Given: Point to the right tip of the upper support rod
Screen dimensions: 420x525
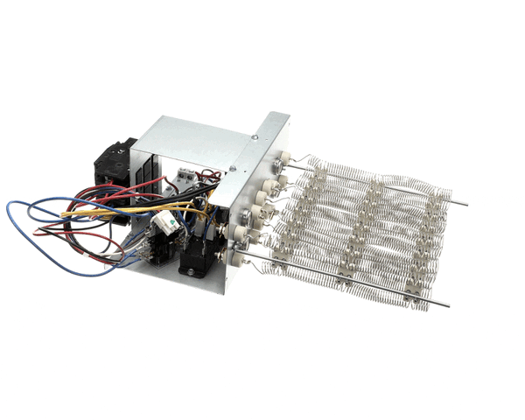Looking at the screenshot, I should point(463,205).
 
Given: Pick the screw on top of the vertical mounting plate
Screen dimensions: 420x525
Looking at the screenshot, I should point(255,136).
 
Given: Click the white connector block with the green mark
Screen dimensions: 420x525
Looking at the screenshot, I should point(166,228).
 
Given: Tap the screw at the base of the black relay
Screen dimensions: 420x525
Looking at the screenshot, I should point(185,269).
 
